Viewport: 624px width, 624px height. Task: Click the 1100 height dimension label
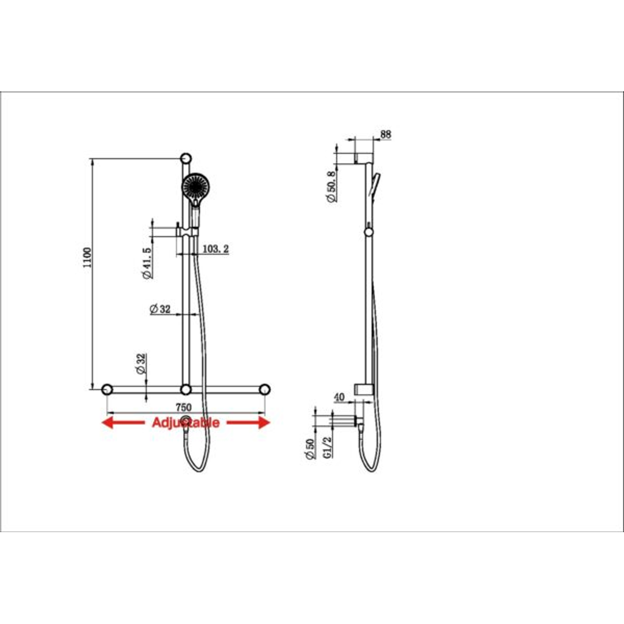click(x=87, y=257)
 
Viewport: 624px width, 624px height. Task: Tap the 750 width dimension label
click(x=184, y=407)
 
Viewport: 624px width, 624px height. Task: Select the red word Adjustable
click(x=185, y=423)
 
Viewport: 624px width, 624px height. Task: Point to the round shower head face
click(x=196, y=186)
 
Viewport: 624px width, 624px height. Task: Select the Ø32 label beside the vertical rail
click(x=160, y=309)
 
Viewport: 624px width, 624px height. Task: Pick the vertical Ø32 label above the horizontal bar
click(x=140, y=365)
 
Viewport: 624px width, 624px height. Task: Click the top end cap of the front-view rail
click(x=185, y=158)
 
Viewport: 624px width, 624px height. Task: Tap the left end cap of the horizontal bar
click(x=107, y=389)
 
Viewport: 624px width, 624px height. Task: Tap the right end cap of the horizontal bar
click(x=265, y=389)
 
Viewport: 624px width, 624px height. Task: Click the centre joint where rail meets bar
click(x=185, y=389)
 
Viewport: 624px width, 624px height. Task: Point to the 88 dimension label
click(x=386, y=134)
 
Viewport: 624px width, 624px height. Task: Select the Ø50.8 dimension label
click(x=331, y=186)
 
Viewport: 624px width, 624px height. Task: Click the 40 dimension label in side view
click(x=339, y=397)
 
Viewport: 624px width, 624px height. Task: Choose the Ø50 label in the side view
click(x=310, y=450)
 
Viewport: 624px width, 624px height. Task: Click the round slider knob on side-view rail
click(x=369, y=232)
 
